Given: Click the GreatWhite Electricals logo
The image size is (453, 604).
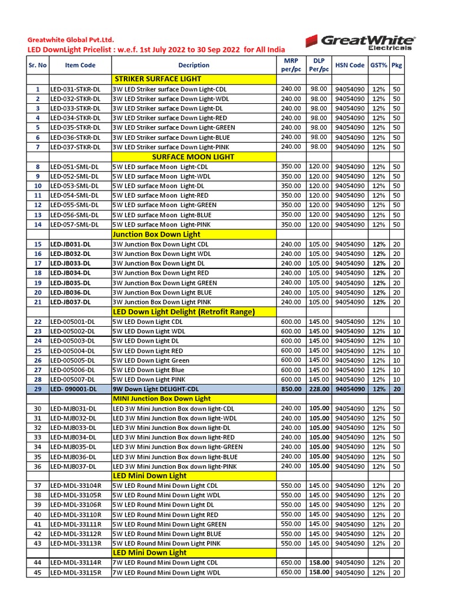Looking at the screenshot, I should pos(360,42).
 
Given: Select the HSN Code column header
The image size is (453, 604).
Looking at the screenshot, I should pos(350,65).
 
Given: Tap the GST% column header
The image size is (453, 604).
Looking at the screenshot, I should pos(379,65).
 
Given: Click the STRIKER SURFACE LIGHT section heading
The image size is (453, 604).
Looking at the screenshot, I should pos(157,79).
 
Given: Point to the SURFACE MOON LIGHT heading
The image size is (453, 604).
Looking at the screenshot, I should pos(185,157).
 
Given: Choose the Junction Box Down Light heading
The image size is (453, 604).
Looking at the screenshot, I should pos(156,234).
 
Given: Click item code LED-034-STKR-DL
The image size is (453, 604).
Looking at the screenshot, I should pos(75,118).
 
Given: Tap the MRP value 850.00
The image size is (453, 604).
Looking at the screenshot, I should pos(291,389).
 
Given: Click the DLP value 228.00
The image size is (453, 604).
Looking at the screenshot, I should pos(319,389).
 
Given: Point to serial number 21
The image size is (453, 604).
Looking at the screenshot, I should pos(38,302).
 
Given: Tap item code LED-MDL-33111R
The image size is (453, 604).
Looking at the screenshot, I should pos(76,524).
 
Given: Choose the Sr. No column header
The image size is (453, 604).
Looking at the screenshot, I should pos(38,65).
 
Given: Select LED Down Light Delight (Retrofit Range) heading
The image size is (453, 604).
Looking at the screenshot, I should pos(183,311).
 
